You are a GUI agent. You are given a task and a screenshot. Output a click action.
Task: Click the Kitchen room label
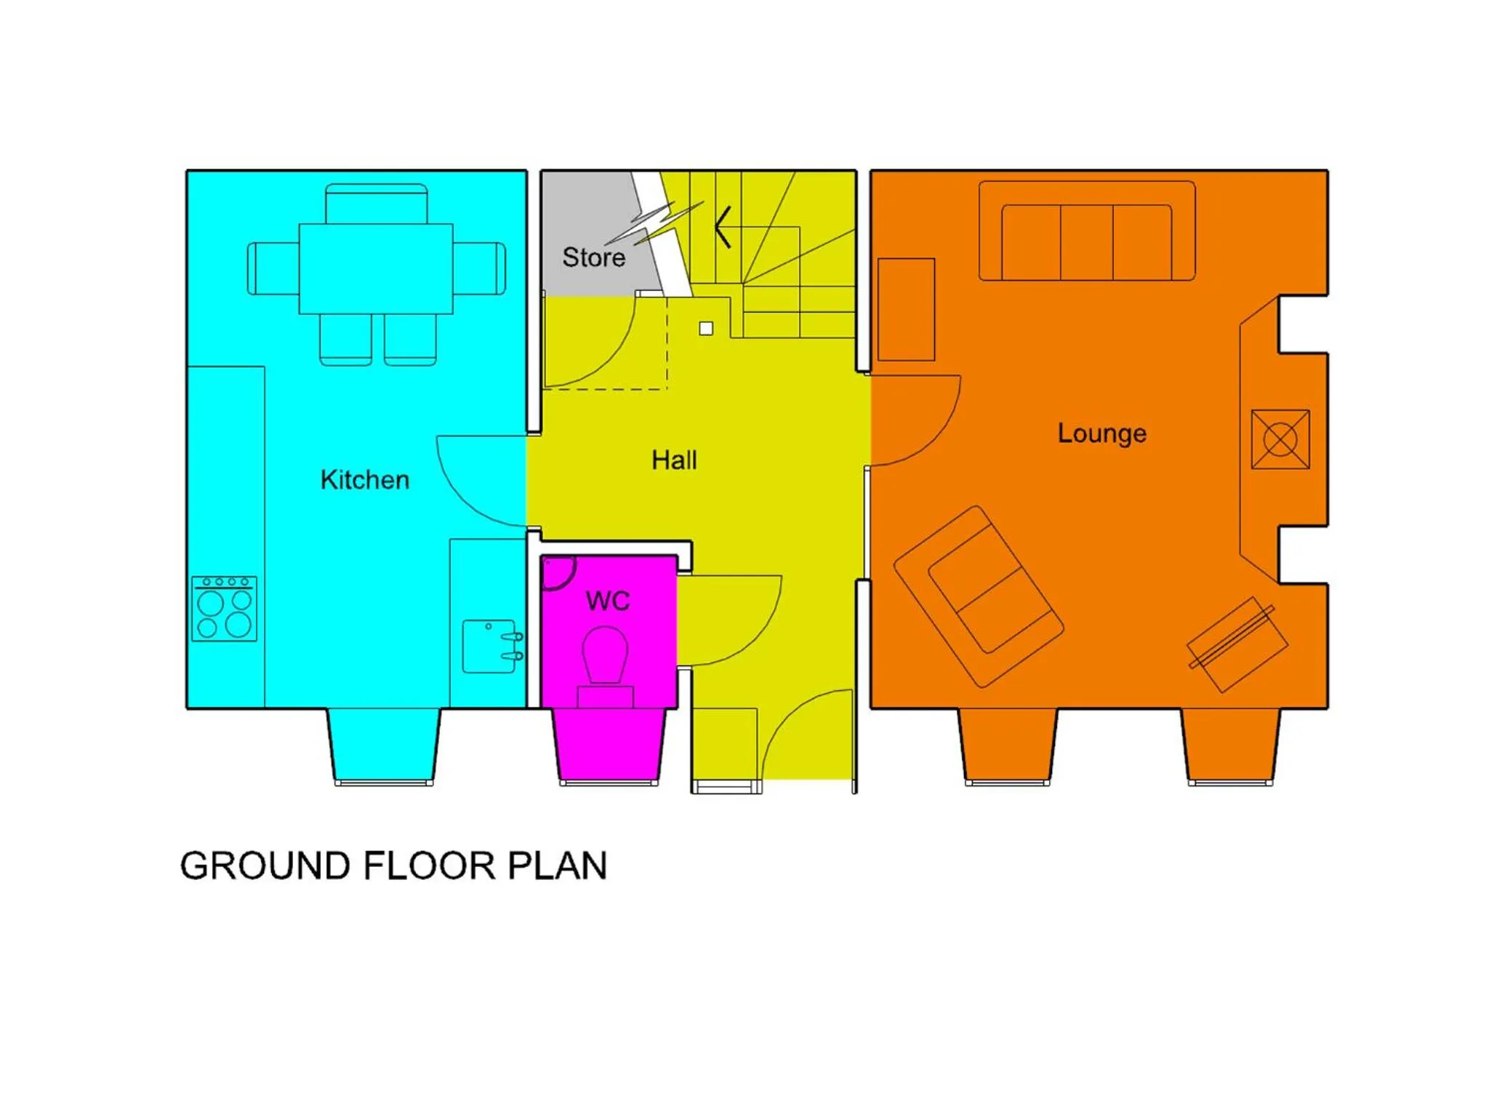pyautogui.click(x=364, y=480)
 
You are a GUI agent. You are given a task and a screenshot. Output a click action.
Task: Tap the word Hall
pyautogui.click(x=674, y=460)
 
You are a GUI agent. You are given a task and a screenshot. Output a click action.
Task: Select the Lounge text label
pyautogui.click(x=1101, y=433)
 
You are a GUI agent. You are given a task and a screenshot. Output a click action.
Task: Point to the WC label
pyautogui.click(x=607, y=601)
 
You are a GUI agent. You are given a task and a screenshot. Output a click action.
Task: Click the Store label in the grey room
pyautogui.click(x=593, y=257)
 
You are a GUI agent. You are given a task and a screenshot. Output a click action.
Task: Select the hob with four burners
pyautogui.click(x=224, y=609)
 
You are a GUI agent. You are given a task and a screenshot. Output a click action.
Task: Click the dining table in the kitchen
pyautogui.click(x=376, y=268)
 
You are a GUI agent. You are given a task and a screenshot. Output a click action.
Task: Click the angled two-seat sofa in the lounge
pyautogui.click(x=979, y=596)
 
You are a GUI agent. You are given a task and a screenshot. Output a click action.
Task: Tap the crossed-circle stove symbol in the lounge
pyautogui.click(x=1280, y=439)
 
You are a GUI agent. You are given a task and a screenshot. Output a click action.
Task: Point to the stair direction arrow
pyautogui.click(x=723, y=227)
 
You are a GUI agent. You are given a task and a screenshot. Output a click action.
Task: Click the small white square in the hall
pyautogui.click(x=705, y=329)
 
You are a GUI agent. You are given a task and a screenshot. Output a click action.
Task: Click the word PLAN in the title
pyautogui.click(x=557, y=866)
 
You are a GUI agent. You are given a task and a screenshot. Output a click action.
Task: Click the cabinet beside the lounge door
pyautogui.click(x=906, y=310)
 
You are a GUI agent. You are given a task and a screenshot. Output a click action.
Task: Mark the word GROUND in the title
pyautogui.click(x=265, y=866)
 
